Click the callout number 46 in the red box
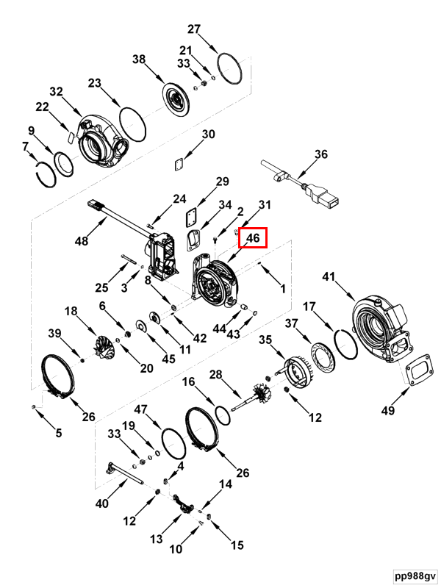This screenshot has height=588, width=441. pyautogui.click(x=253, y=237)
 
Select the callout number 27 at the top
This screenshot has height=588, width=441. pyautogui.click(x=194, y=29)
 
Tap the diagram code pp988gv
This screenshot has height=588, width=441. pyautogui.click(x=415, y=576)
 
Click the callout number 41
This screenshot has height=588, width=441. pyautogui.click(x=329, y=277)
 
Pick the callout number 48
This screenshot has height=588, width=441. pyautogui.click(x=82, y=241)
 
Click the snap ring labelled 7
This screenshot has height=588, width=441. pyautogui.click(x=46, y=173)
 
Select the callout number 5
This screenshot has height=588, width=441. pyautogui.click(x=59, y=433)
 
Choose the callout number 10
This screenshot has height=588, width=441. pyautogui.click(x=176, y=549)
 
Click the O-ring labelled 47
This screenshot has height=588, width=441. pyautogui.click(x=173, y=444)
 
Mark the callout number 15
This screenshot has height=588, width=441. pyautogui.click(x=237, y=545)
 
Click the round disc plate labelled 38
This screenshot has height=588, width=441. pyautogui.click(x=176, y=98)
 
